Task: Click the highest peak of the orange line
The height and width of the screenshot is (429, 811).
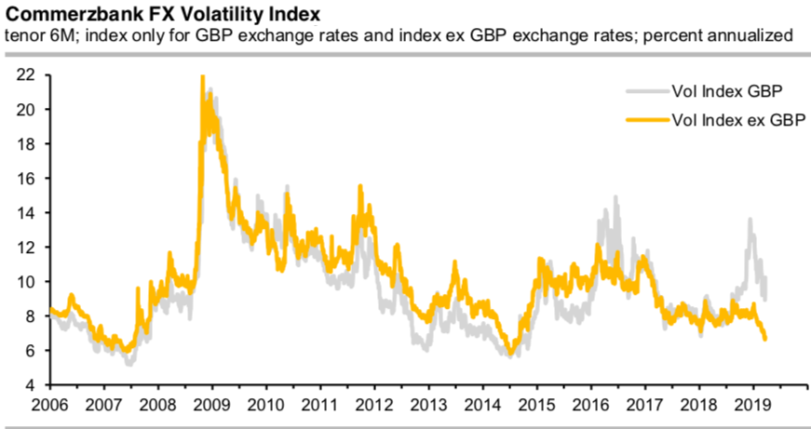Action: click(x=203, y=77)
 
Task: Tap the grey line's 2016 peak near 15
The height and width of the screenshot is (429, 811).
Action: click(x=615, y=197)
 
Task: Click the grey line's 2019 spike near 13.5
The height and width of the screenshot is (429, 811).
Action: click(x=750, y=220)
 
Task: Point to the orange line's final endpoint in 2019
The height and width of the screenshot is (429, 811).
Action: click(x=765, y=340)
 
